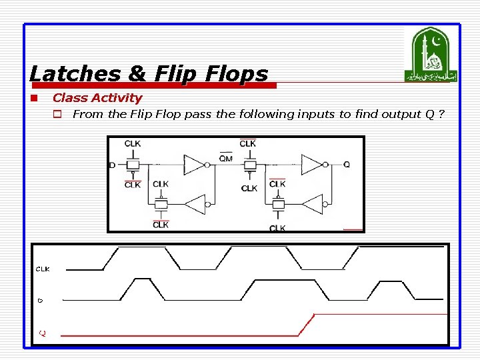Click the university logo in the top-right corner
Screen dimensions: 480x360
click(x=431, y=55)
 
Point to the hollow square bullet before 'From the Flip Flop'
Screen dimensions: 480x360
click(x=58, y=115)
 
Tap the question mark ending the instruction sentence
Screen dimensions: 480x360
click(x=442, y=114)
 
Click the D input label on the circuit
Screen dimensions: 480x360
click(x=112, y=165)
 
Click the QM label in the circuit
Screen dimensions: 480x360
click(x=226, y=157)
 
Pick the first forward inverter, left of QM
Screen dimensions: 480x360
click(x=195, y=165)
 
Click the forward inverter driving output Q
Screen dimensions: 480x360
click(x=311, y=164)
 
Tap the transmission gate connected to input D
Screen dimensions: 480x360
click(x=134, y=165)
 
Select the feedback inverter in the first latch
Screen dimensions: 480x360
click(x=195, y=205)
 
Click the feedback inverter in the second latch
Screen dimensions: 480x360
click(x=311, y=205)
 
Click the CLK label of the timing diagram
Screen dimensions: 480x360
click(x=42, y=269)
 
